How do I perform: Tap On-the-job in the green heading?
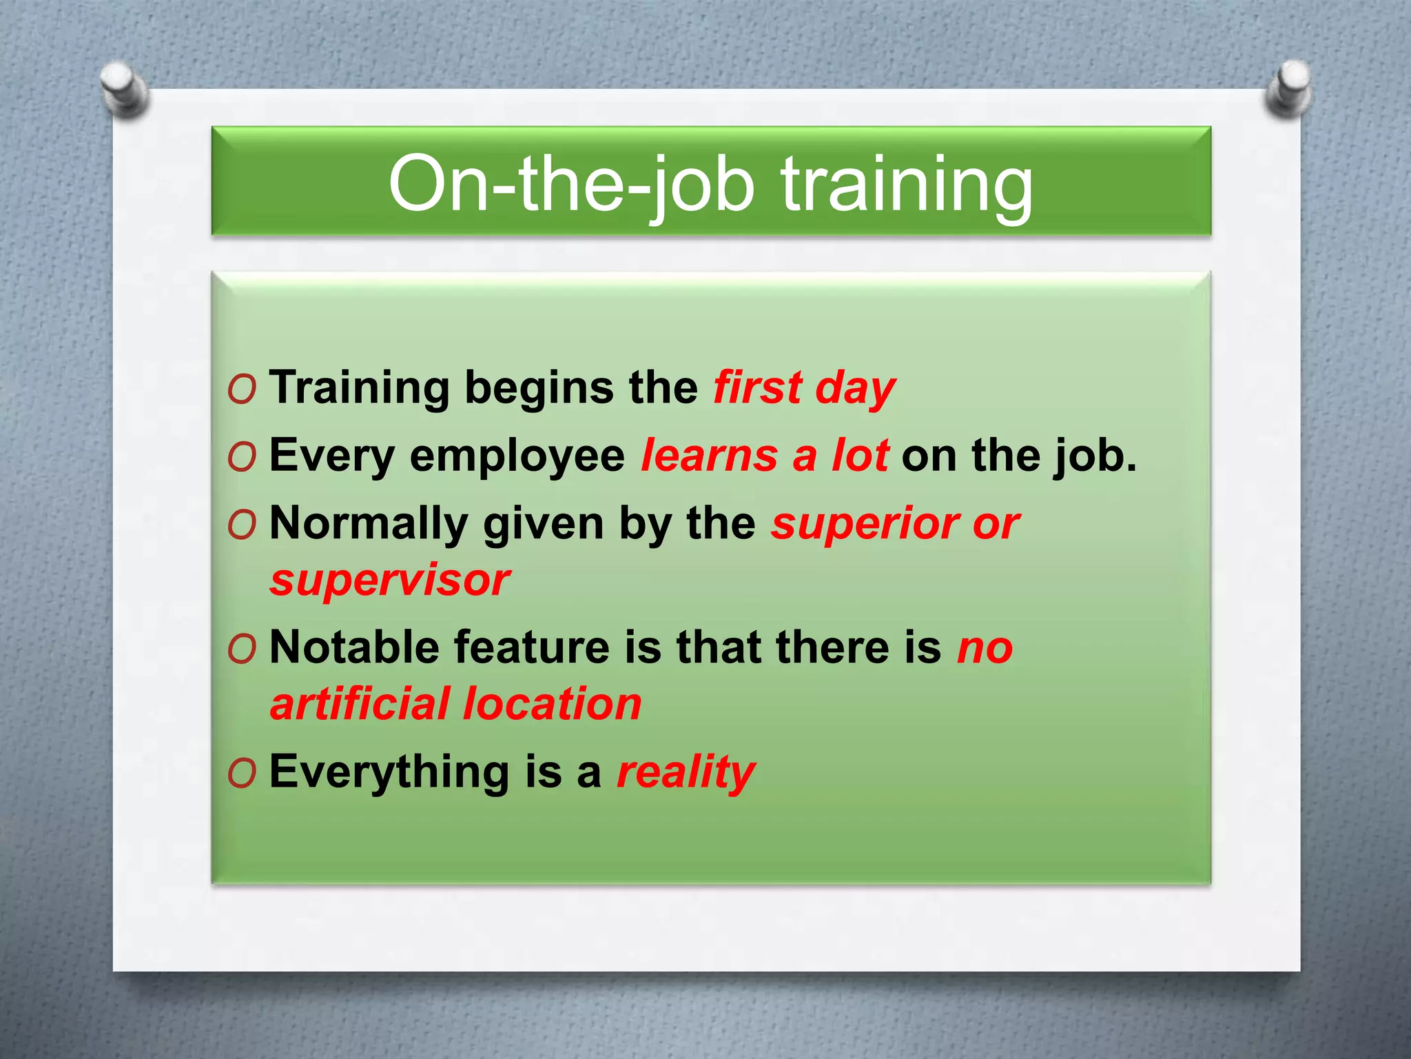click(x=572, y=185)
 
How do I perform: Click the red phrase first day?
click(x=804, y=388)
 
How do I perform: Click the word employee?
click(x=517, y=456)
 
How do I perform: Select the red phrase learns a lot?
click(x=765, y=456)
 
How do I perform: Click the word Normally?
click(x=369, y=524)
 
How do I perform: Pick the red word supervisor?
click(x=390, y=581)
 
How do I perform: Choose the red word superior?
click(x=865, y=524)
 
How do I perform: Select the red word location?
click(x=552, y=705)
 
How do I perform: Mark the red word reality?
click(x=686, y=772)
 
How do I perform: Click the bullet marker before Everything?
click(x=242, y=774)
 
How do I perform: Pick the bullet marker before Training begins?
click(x=242, y=390)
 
